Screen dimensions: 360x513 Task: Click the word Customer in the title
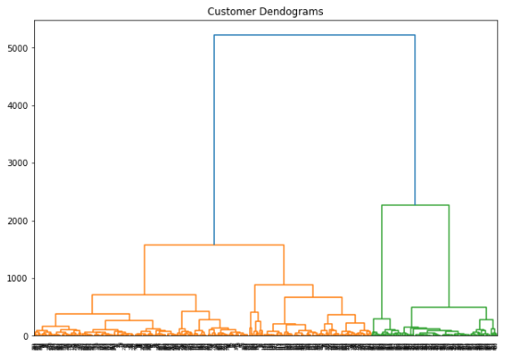coord(233,11)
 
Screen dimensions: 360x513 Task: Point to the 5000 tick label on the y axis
coord(17,48)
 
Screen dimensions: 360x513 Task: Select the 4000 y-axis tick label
coord(17,106)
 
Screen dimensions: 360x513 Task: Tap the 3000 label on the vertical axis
coord(17,163)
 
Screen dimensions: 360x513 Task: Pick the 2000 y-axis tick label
coord(17,222)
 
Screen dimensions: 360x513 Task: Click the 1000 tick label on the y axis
coord(17,279)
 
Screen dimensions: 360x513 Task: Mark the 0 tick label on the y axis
coord(26,336)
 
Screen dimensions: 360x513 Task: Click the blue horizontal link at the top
coord(314,35)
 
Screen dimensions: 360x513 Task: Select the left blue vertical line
coord(214,138)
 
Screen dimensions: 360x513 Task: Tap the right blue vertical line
coord(415,120)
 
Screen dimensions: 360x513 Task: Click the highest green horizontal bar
coord(415,205)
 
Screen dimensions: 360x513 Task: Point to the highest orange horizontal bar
coord(214,245)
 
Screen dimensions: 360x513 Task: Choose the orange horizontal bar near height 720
coord(144,294)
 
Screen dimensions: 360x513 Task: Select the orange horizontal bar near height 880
coord(283,285)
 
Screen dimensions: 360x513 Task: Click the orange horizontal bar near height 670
coord(313,297)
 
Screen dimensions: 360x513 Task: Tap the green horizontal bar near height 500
coord(448,307)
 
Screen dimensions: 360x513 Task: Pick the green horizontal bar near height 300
coord(381,318)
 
